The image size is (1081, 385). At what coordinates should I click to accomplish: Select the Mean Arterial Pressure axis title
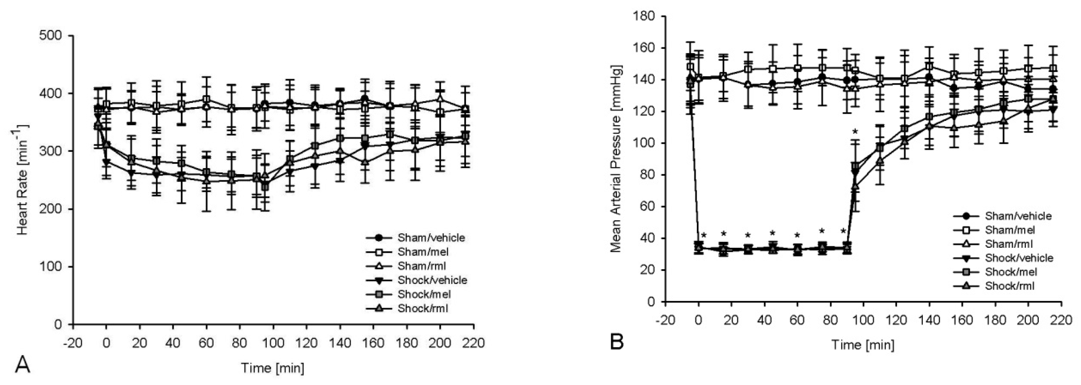click(616, 159)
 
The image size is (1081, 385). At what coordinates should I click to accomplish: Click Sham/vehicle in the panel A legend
click(431, 238)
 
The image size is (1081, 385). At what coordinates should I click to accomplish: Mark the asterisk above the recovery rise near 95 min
click(855, 132)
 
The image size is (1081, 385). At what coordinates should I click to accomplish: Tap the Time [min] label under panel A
click(272, 368)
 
